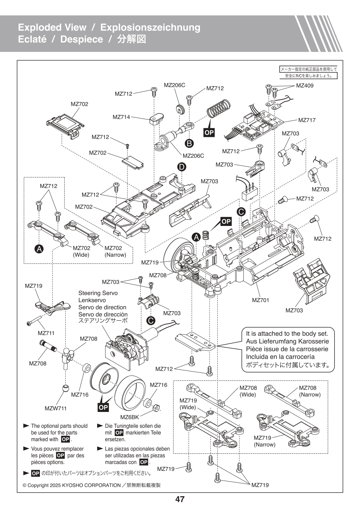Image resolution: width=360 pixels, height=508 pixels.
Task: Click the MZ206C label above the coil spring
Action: coord(174,85)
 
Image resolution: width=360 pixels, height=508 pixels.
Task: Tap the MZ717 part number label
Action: coord(307,120)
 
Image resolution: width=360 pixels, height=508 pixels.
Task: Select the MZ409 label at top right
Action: coord(305,86)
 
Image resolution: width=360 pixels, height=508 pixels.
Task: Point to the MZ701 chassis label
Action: coord(261,300)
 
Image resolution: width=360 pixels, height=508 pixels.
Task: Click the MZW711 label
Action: coord(56,408)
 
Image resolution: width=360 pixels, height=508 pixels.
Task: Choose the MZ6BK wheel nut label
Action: coord(129,417)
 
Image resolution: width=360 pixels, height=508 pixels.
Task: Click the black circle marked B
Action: coord(190,144)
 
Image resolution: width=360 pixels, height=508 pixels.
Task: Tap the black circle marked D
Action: coord(182,167)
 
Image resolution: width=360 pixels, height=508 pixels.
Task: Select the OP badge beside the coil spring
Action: coord(209,133)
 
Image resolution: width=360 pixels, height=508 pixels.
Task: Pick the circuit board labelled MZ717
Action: coord(258,127)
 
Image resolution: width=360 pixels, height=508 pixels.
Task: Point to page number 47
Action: coord(180,499)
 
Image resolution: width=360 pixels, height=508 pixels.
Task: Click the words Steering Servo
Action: coord(98,293)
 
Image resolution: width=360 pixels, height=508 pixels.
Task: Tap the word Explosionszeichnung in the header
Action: coord(150,27)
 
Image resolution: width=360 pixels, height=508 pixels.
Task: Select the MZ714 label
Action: coord(121,117)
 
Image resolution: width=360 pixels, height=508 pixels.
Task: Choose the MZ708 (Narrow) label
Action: coord(309,391)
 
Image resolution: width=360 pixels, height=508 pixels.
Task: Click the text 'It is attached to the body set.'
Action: coord(287,334)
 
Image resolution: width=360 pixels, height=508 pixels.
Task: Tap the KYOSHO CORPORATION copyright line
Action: coord(91,485)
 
